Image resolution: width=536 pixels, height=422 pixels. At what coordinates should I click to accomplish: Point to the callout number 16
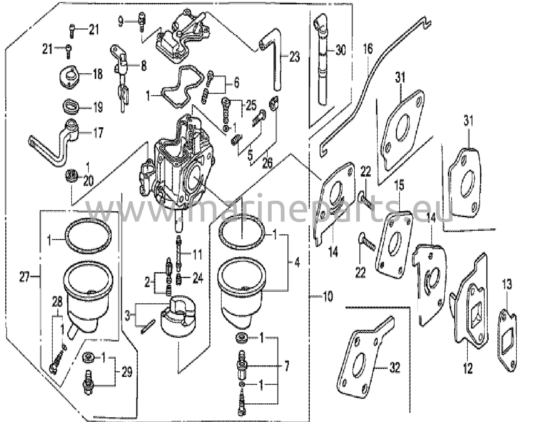pyautogui.click(x=368, y=49)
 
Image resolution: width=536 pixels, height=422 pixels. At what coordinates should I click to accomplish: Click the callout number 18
pyautogui.click(x=98, y=74)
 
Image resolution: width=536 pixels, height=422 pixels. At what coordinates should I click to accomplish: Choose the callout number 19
pyautogui.click(x=98, y=107)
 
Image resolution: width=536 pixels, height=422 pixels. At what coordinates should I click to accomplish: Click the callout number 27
pyautogui.click(x=24, y=277)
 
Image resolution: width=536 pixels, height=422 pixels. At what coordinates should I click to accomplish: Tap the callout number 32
pyautogui.click(x=395, y=368)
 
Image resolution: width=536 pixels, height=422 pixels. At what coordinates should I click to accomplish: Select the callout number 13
pyautogui.click(x=506, y=285)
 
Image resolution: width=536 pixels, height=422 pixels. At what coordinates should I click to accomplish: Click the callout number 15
pyautogui.click(x=399, y=185)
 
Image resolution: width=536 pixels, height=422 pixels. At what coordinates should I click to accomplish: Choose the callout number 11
pyautogui.click(x=197, y=254)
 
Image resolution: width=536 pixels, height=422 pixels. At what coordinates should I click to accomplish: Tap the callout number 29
pyautogui.click(x=127, y=372)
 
